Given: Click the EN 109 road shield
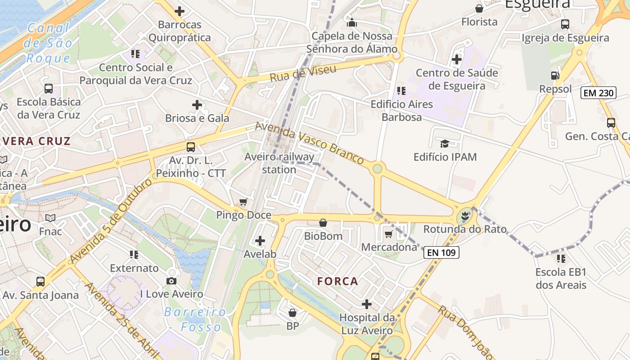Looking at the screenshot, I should pos(441,252).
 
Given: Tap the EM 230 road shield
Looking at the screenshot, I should pos(598,93).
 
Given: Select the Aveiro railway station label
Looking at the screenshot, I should pos(279,163).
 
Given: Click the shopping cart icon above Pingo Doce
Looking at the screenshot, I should pos(243,202).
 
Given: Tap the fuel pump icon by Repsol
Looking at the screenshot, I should pos(555,76).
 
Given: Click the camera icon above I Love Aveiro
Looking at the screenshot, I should pos(171,281).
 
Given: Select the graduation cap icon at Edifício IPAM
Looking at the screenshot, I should pos(445,144).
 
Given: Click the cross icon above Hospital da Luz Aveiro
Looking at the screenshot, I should pos(367,304).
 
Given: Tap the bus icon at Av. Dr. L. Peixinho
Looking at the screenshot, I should pos(191,147).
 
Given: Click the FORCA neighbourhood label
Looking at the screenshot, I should pos(337,281).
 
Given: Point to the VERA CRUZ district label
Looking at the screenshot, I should pos(36,141).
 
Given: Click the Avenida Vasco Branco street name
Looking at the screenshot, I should pos(309,142).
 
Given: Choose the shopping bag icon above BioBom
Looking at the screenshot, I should pos(323,223).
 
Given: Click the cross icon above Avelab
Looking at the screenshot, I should pos(260,241).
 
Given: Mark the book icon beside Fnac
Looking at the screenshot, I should pos(50,218).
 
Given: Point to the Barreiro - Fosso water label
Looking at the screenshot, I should pos(196,319).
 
